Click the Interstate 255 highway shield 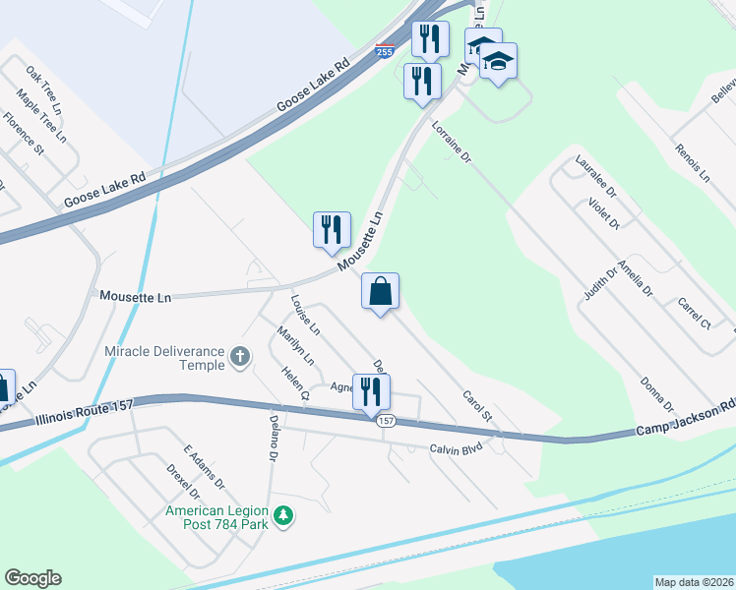click(386, 52)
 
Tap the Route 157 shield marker click(386, 421)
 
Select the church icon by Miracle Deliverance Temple click(239, 358)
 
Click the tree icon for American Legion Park click(283, 515)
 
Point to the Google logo click(32, 578)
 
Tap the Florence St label click(24, 135)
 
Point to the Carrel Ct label click(694, 311)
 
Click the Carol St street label click(476, 412)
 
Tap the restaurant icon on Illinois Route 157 click(371, 391)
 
